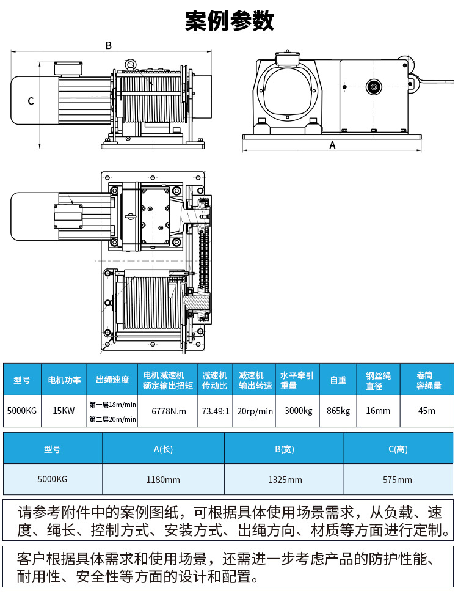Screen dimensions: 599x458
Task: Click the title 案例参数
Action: pyautogui.click(x=229, y=21)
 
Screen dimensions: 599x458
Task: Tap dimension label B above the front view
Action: pyautogui.click(x=109, y=45)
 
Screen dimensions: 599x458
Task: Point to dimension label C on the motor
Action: pyautogui.click(x=31, y=101)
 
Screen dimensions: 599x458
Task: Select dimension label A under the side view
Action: pyautogui.click(x=332, y=145)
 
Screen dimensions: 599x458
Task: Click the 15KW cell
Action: pyautogui.click(x=64, y=411)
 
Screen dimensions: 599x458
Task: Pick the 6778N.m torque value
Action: pyautogui.click(x=168, y=411)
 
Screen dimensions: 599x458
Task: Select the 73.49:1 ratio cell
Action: pyautogui.click(x=215, y=411)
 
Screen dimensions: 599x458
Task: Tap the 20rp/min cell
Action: pyautogui.click(x=255, y=411)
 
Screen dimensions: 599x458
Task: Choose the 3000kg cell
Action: pyautogui.click(x=299, y=411)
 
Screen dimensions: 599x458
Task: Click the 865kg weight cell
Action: pyautogui.click(x=338, y=411)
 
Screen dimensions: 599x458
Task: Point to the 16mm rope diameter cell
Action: pyautogui.click(x=379, y=411)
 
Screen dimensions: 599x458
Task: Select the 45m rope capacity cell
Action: pyautogui.click(x=427, y=411)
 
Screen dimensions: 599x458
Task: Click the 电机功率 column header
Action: pyautogui.click(x=64, y=380)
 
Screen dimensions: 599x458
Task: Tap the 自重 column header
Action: pyautogui.click(x=338, y=380)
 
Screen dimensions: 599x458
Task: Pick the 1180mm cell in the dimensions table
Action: pyautogui.click(x=163, y=480)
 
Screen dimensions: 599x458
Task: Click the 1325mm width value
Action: pyautogui.click(x=285, y=480)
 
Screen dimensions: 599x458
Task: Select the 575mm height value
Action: pyautogui.click(x=398, y=480)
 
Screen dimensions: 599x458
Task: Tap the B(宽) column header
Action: pyautogui.click(x=285, y=449)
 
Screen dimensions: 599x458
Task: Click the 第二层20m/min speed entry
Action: pyautogui.click(x=112, y=419)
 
